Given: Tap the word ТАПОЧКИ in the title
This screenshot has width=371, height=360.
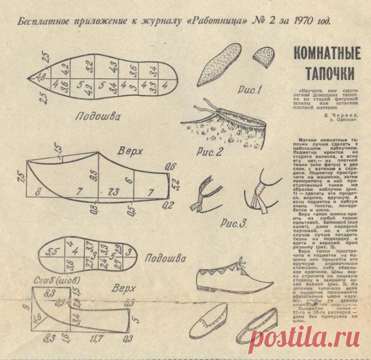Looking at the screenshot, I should pyautogui.click(x=328, y=73).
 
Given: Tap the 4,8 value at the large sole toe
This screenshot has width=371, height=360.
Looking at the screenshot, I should pyautogui.click(x=41, y=77).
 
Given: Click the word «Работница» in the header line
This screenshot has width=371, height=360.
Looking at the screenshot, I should pyautogui.click(x=216, y=22).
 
